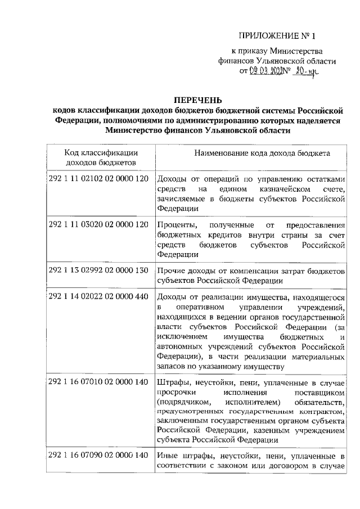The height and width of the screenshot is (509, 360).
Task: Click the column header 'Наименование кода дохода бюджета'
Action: click(262, 153)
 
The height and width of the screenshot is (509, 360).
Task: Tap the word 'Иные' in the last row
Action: click(168, 455)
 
